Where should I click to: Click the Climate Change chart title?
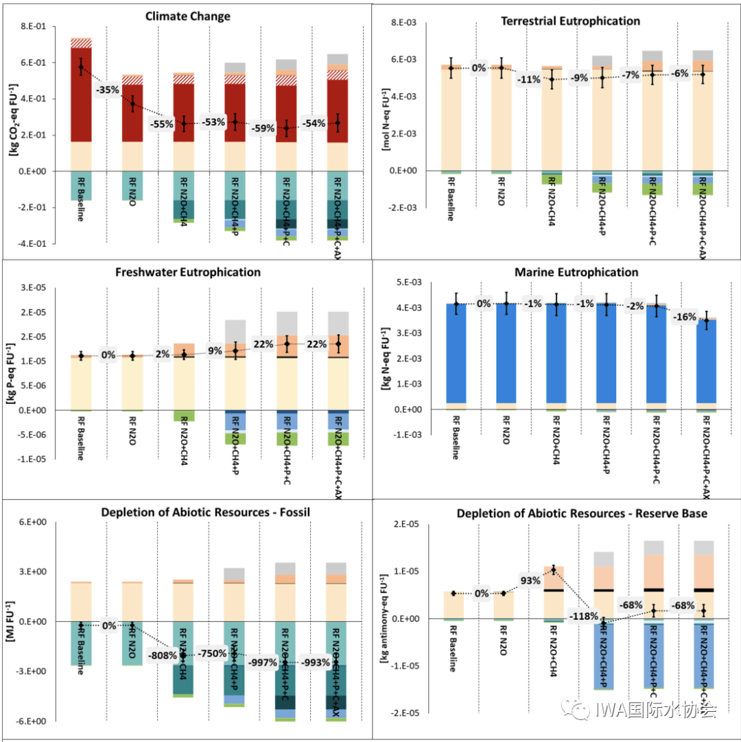188,16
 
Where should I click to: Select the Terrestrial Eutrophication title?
571,21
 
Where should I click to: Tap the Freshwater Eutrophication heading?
188,272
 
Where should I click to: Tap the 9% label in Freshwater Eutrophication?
215,351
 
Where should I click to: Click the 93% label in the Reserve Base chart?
529,580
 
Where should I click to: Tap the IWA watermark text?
645,710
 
